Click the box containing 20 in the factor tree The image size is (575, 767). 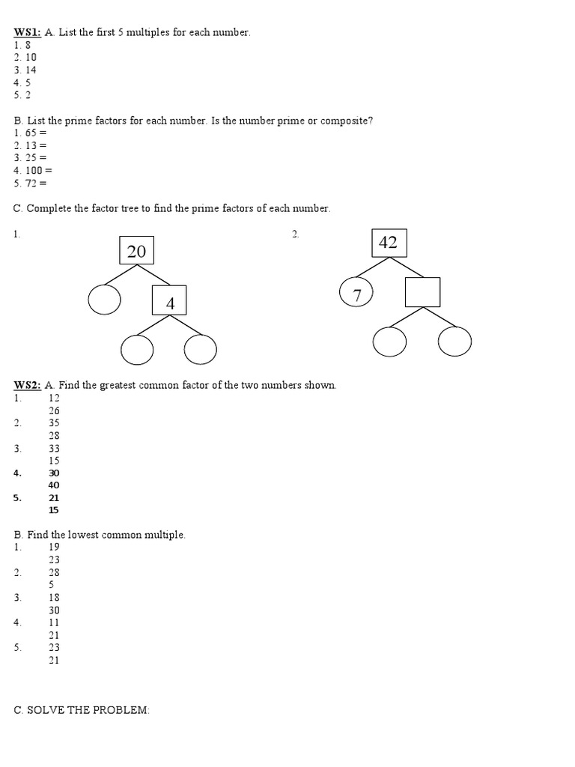[x=136, y=250]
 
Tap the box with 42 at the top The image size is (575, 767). [x=388, y=242]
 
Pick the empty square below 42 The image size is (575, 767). [x=422, y=292]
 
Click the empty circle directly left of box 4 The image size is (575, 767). [x=104, y=300]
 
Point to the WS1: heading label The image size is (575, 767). [x=27, y=32]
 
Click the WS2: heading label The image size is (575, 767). [x=27, y=385]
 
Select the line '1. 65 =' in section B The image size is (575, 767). [x=30, y=133]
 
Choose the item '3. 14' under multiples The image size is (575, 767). [x=25, y=70]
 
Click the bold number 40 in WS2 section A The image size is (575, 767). [x=54, y=485]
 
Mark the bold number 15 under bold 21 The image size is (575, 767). [x=54, y=511]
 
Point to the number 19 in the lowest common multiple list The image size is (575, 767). [x=54, y=548]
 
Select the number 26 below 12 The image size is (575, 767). [x=54, y=410]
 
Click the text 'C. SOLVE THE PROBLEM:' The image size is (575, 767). [x=82, y=710]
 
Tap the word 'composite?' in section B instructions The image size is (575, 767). [x=347, y=121]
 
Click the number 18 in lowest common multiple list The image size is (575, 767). [x=54, y=598]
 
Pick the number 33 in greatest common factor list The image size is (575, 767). [x=54, y=448]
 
